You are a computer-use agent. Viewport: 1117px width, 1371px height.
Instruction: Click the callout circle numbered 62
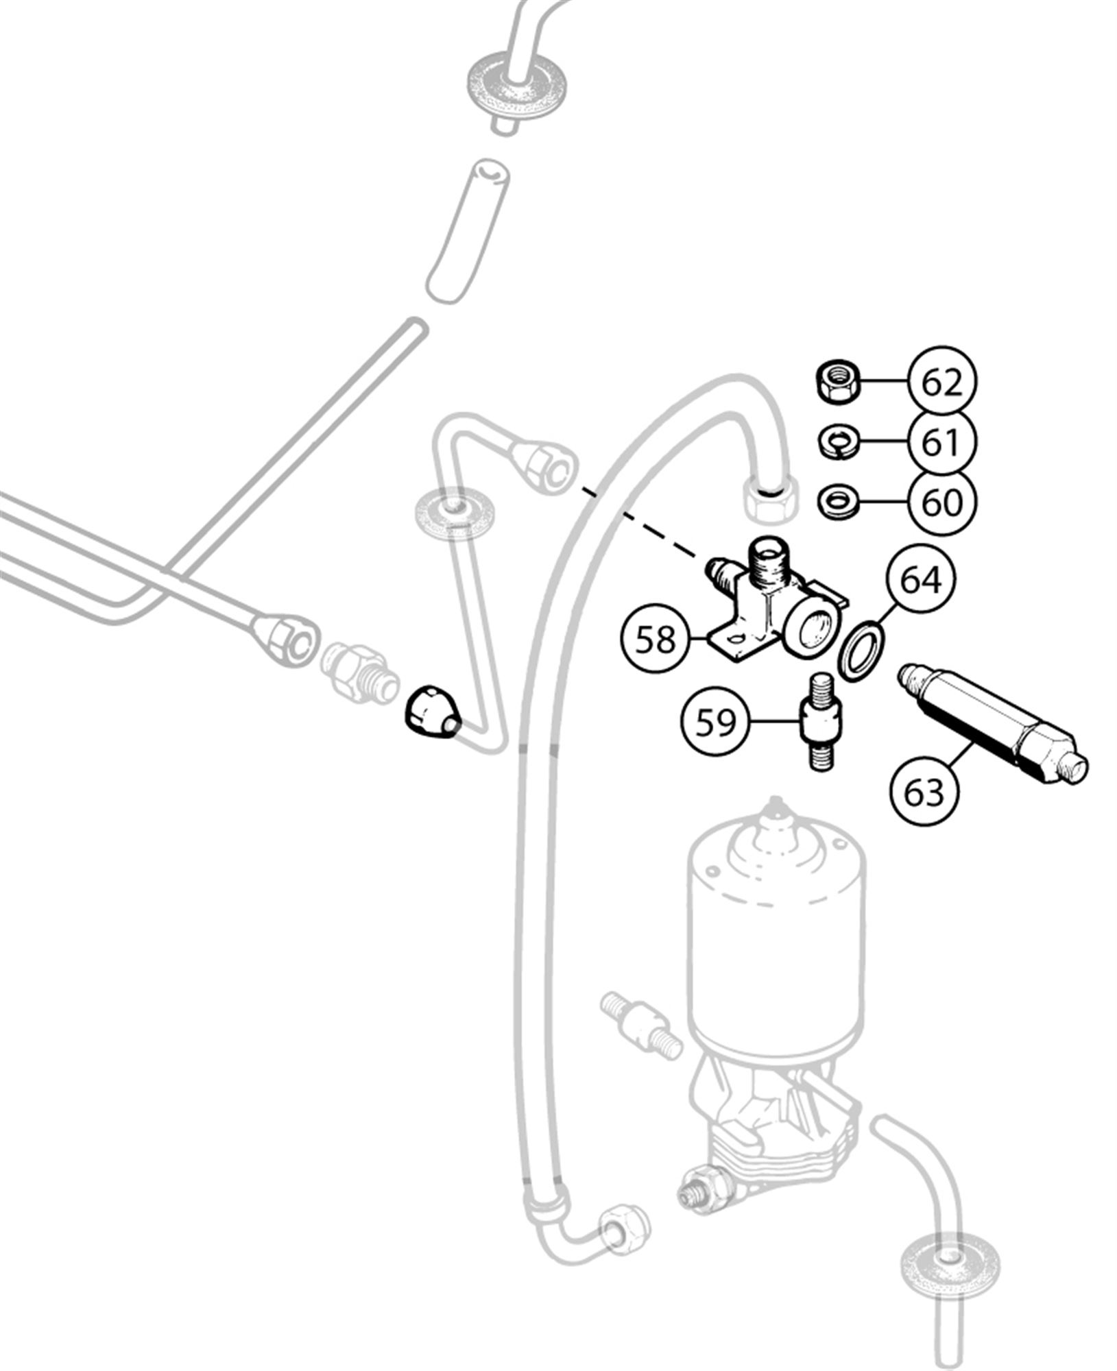pyautogui.click(x=942, y=383)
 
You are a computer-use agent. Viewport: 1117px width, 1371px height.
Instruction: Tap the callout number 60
pyautogui.click(x=942, y=502)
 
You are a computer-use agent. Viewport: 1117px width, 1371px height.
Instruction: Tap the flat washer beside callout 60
pyautogui.click(x=835, y=500)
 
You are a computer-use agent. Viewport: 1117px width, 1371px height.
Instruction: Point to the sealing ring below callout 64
pyautogui.click(x=863, y=651)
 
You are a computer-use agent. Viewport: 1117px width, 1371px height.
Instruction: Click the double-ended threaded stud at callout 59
pyautogui.click(x=822, y=720)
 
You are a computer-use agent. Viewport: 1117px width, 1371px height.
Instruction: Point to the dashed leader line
pyautogui.click(x=642, y=519)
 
